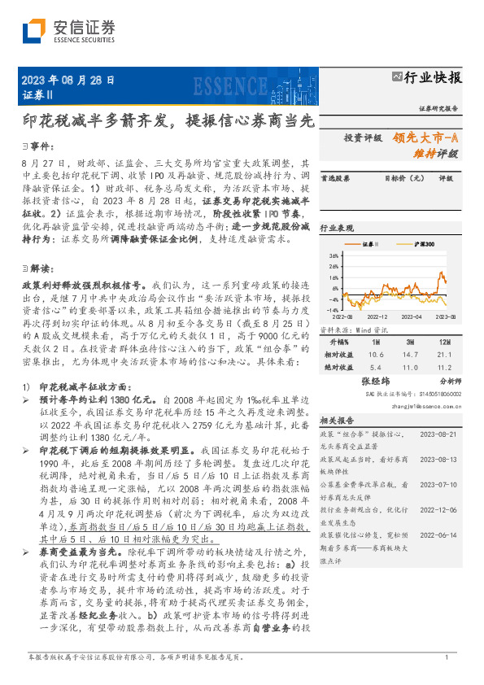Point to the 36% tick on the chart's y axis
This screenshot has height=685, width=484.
(x=334, y=255)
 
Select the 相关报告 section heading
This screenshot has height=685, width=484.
(x=336, y=421)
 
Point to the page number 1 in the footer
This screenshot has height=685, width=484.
(x=446, y=657)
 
